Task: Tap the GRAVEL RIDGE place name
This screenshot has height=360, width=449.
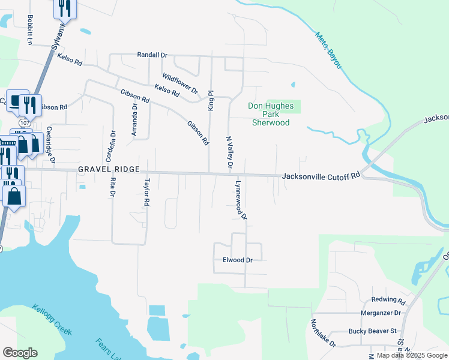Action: click(x=109, y=170)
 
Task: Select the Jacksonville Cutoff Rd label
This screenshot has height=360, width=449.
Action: click(x=321, y=176)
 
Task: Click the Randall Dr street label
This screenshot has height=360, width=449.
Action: click(x=152, y=55)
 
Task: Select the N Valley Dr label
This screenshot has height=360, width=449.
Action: click(x=229, y=151)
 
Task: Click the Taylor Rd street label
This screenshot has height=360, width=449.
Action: click(x=146, y=192)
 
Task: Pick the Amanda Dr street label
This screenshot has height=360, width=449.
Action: click(x=135, y=121)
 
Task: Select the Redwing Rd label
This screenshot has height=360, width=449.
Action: click(x=388, y=300)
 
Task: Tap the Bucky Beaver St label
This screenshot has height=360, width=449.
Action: click(x=373, y=331)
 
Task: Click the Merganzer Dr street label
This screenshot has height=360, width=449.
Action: click(x=381, y=313)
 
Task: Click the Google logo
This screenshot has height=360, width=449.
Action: click(x=20, y=352)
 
